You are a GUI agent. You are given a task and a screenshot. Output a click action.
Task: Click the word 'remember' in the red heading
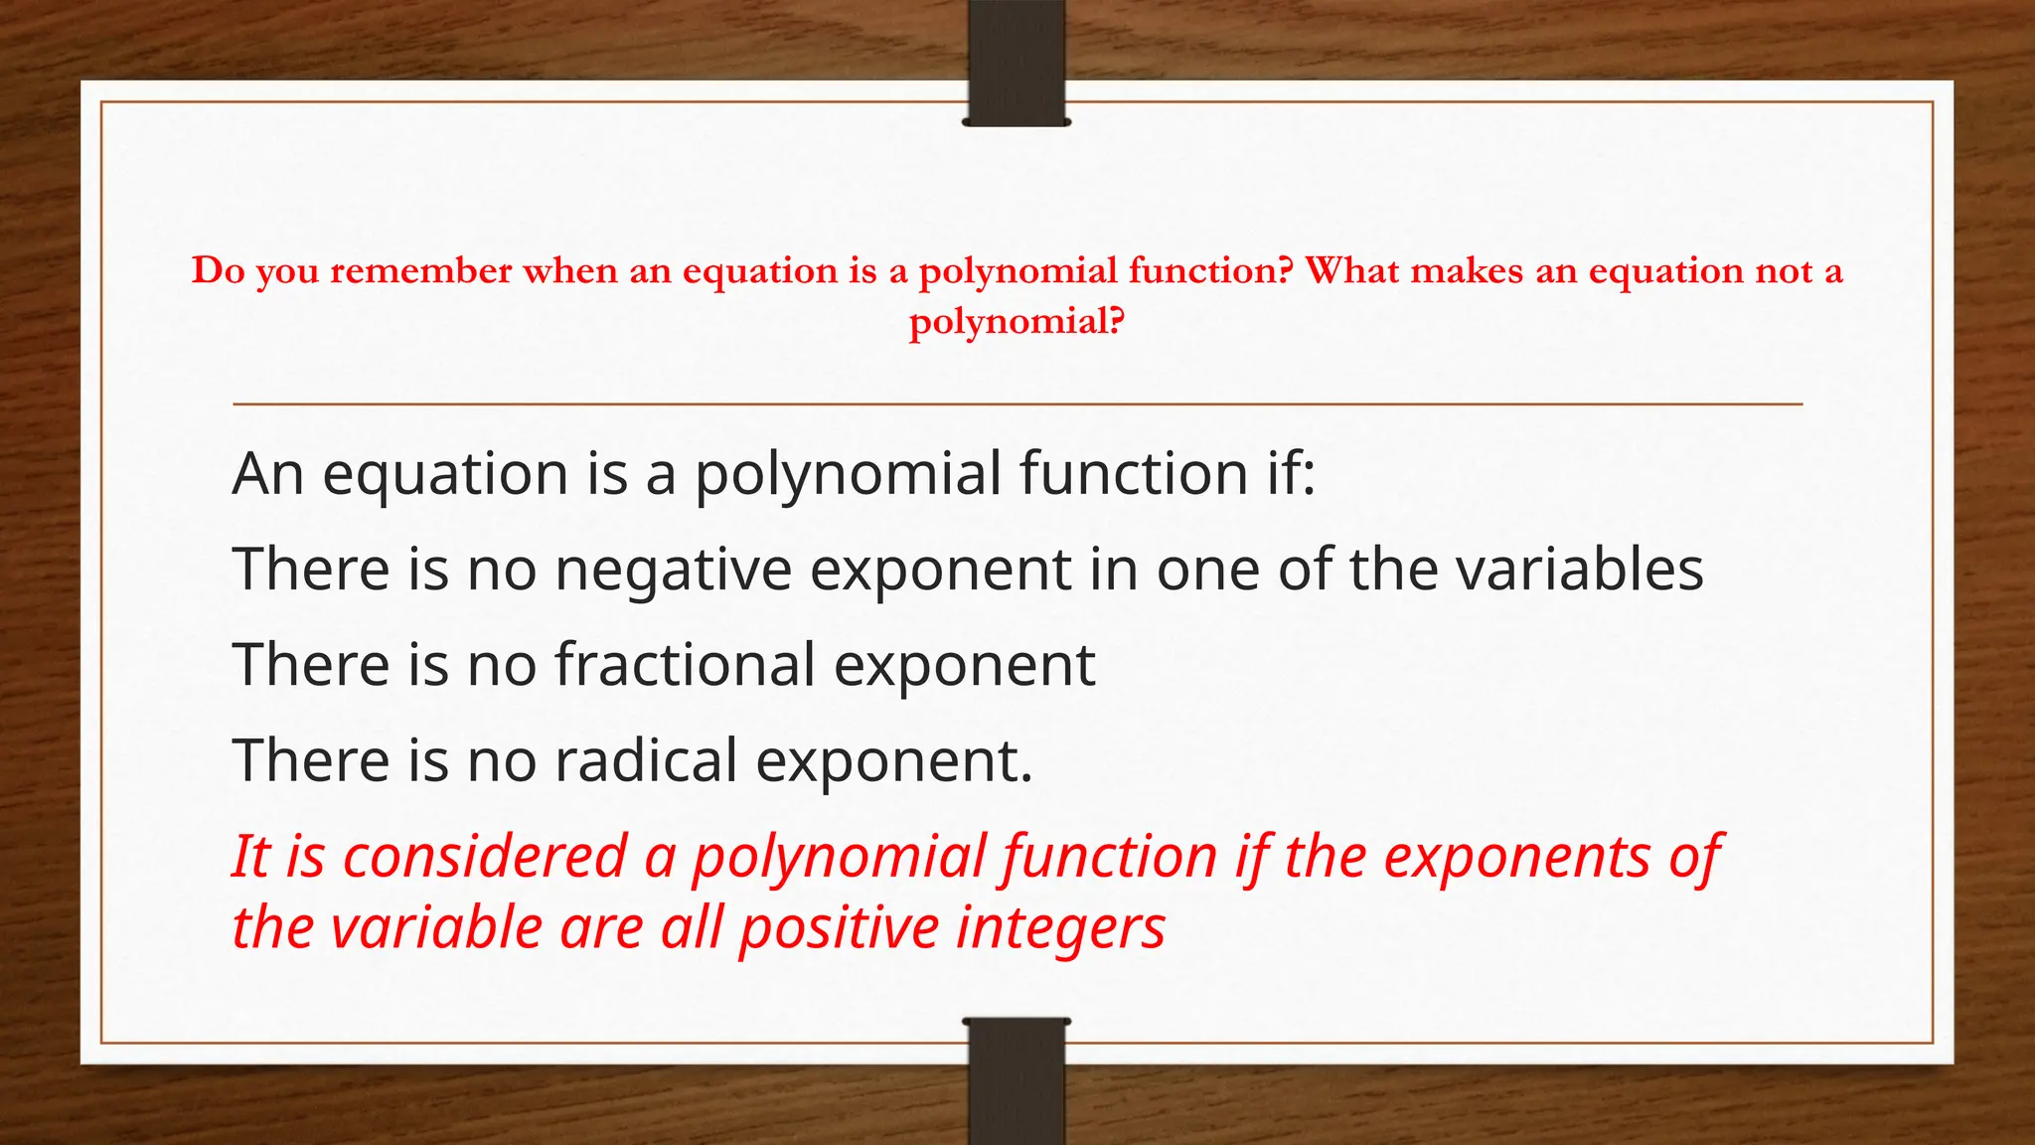pos(420,270)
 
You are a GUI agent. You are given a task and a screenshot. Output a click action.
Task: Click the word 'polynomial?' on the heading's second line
pos(1017,322)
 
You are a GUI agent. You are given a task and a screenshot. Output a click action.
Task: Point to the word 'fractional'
pos(685,664)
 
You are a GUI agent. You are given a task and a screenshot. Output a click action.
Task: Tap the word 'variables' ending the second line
pos(1580,570)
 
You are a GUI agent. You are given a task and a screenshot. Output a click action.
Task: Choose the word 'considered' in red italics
pos(485,856)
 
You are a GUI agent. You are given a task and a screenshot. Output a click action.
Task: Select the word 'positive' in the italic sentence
pos(839,927)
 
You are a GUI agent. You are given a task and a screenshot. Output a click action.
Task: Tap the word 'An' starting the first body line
pos(267,473)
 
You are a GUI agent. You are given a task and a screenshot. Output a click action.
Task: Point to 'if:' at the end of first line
pos(1290,473)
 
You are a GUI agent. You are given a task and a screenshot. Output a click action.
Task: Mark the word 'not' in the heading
pos(1784,270)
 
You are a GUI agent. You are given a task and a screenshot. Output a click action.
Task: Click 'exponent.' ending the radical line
pos(894,760)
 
